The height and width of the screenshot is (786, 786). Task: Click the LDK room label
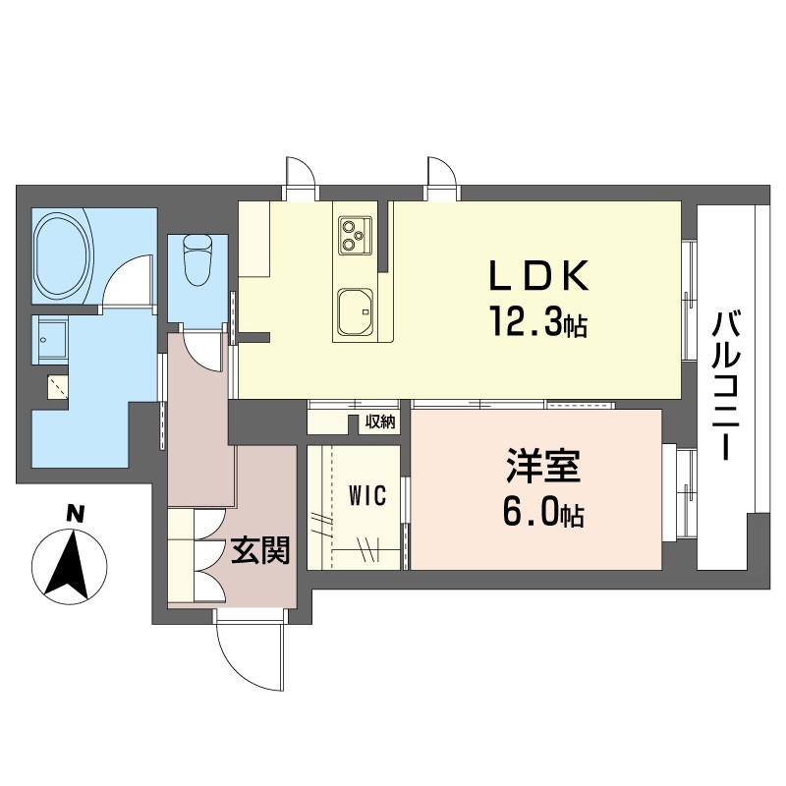[538, 276]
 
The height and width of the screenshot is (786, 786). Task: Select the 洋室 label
[543, 466]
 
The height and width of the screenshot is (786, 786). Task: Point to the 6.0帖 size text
[543, 512]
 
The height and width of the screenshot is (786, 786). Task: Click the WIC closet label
[367, 496]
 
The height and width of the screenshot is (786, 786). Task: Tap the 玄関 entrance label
[260, 550]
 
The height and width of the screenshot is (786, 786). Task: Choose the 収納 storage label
[380, 422]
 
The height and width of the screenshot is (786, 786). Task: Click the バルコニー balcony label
[727, 385]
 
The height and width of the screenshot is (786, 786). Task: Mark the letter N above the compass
[76, 514]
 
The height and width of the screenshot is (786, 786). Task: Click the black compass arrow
[69, 566]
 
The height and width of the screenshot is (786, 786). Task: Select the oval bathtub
[63, 255]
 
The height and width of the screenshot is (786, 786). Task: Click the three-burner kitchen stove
[356, 235]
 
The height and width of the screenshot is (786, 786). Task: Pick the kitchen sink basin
[356, 311]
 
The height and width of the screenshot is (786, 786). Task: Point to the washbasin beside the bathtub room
[50, 339]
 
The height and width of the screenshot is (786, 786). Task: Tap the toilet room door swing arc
[200, 351]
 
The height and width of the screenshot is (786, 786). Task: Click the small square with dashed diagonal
[58, 387]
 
